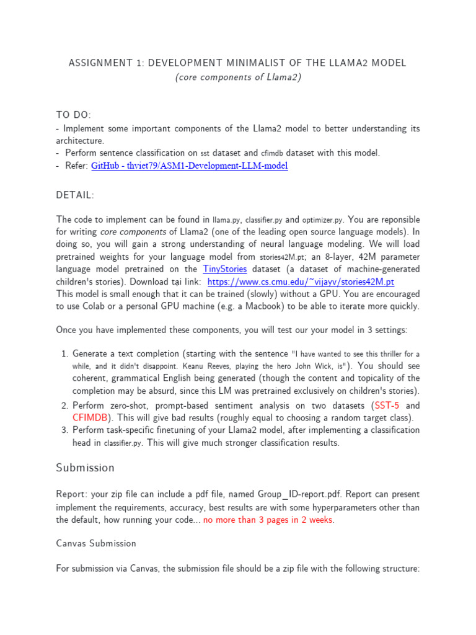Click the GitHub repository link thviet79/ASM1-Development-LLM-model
tap(189, 166)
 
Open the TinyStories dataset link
tap(225, 269)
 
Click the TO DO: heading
tap(74, 115)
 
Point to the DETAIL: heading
tap(75, 195)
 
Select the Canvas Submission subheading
tap(96, 543)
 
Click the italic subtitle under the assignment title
tap(237, 78)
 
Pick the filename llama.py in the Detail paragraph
tap(226, 220)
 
